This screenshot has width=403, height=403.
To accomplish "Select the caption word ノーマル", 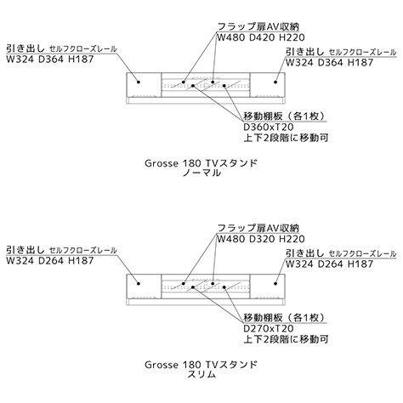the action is (x=201, y=173).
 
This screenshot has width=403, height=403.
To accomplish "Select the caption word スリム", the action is (x=201, y=374).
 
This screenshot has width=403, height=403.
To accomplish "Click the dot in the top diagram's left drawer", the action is (x=139, y=82).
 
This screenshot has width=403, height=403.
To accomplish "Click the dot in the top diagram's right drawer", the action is (x=275, y=82).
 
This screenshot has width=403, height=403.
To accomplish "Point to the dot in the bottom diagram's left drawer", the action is (x=139, y=283).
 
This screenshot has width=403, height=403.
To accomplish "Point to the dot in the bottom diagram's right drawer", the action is (x=275, y=283).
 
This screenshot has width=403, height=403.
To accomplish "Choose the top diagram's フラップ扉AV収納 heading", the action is (x=258, y=26).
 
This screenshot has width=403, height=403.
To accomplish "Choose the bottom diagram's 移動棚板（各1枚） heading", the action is (x=284, y=317).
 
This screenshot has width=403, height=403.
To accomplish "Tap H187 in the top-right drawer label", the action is (x=360, y=63).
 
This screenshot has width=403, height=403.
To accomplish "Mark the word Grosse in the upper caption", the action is (x=162, y=163).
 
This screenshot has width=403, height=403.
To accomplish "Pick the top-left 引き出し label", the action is (x=26, y=48).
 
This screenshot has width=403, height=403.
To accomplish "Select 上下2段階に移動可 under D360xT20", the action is (x=286, y=138).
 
